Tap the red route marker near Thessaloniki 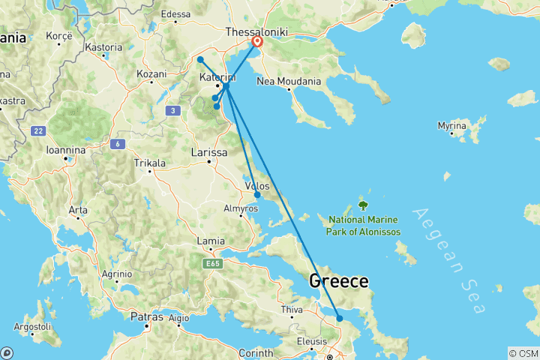(x=257, y=42)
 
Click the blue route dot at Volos (x=257, y=195)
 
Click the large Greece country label (x=338, y=282)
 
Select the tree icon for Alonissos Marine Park (x=363, y=203)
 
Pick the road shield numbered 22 (x=39, y=130)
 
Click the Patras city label (x=146, y=317)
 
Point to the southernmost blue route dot (x=340, y=319)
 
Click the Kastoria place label (x=103, y=47)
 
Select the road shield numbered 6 (x=117, y=143)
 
